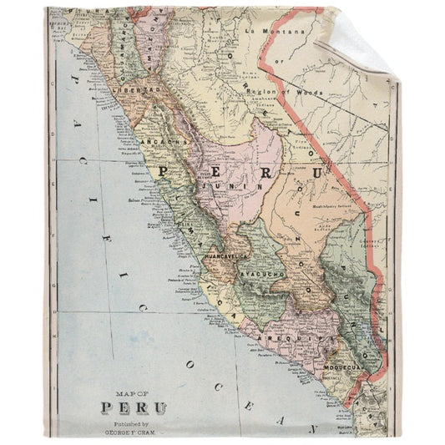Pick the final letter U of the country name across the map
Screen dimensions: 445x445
tap(316, 174)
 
